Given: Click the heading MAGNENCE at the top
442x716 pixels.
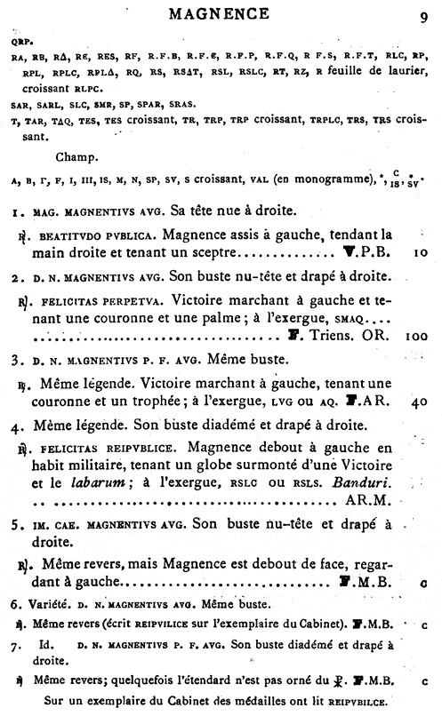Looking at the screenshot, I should [221, 14].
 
